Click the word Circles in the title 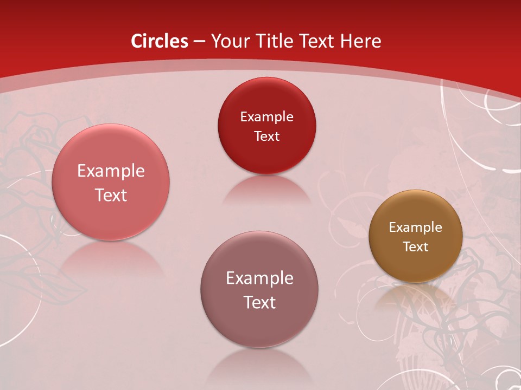(160, 41)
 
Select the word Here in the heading (360, 41)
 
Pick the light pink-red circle (111, 211)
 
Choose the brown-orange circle (416, 265)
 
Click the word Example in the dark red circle (267, 116)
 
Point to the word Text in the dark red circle (267, 136)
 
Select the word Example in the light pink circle (111, 171)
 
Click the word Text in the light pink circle (111, 195)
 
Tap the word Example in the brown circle (416, 227)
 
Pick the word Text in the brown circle (416, 247)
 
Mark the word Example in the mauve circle (259, 278)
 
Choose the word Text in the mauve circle (259, 302)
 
